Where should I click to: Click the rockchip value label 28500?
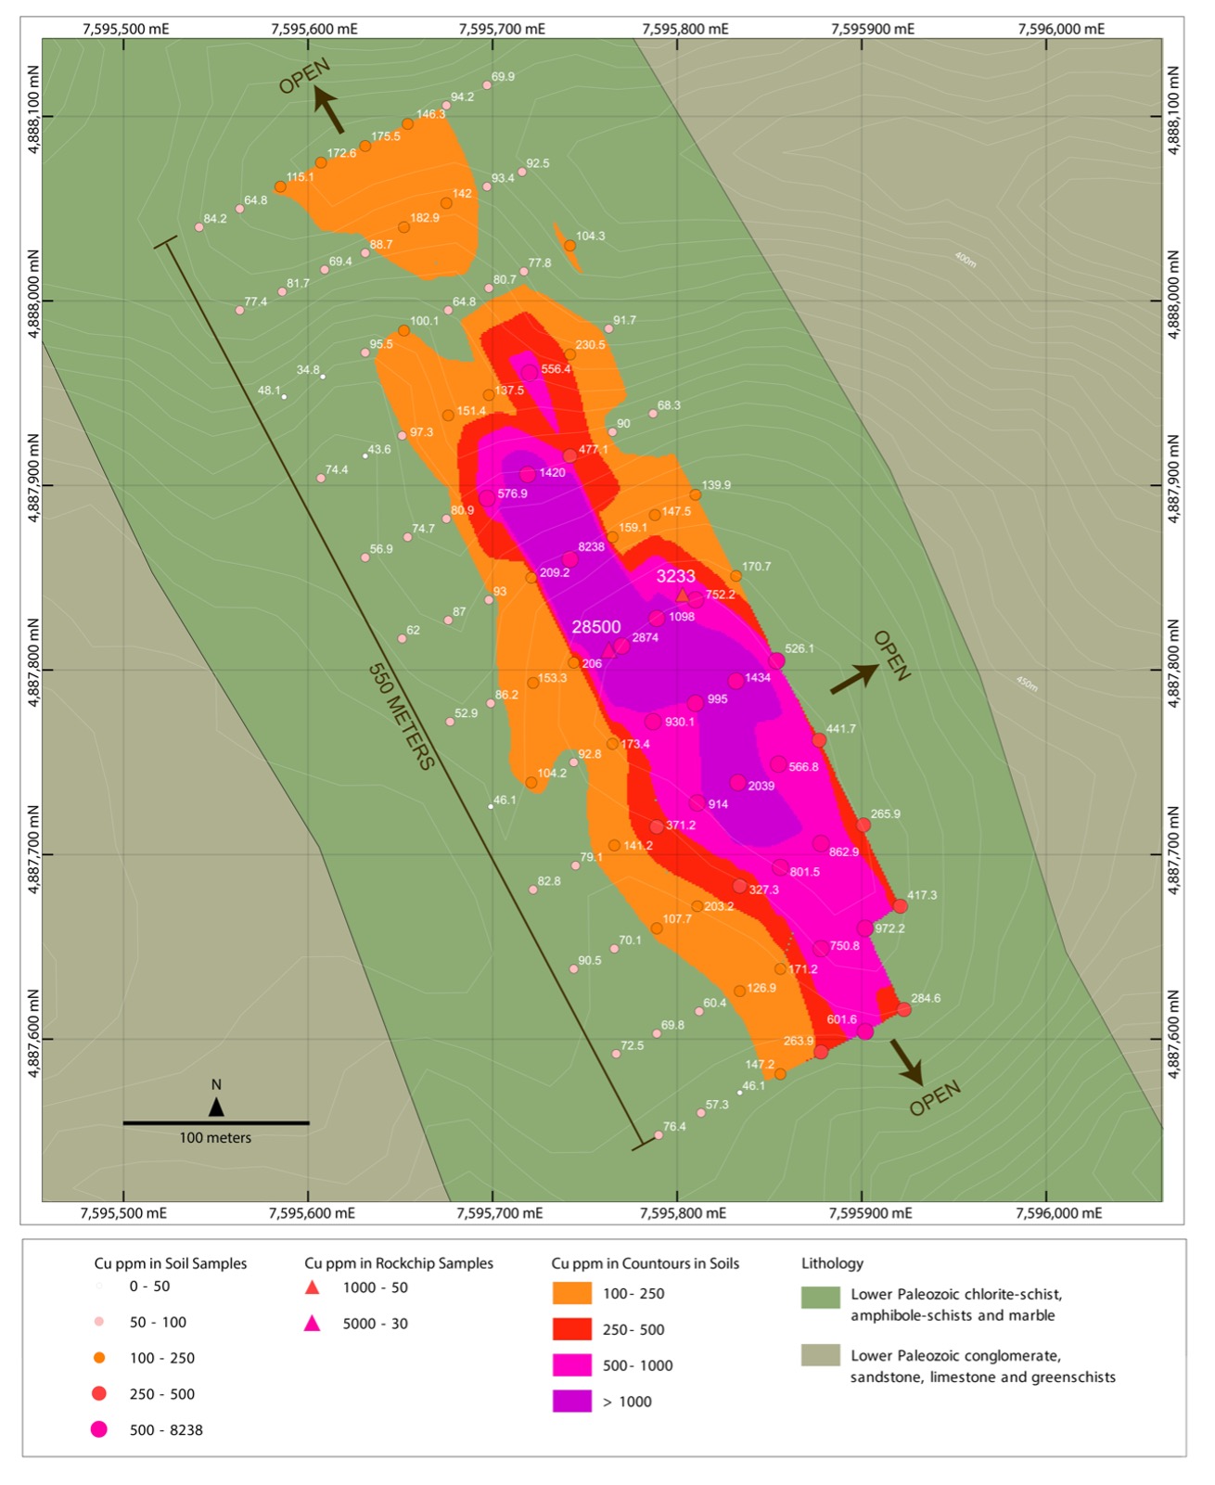pos(595,627)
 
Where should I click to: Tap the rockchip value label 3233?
pos(675,576)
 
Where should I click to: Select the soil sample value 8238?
pos(591,547)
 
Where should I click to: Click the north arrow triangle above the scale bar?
pos(216,1107)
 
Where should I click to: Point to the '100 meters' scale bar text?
pos(215,1138)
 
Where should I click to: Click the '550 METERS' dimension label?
pos(401,716)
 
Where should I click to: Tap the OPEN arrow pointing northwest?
pos(328,109)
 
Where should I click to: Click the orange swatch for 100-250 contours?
pos(571,1294)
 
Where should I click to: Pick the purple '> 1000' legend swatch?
pos(571,1402)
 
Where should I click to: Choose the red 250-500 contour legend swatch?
pos(571,1329)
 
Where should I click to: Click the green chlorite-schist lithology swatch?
pos(820,1296)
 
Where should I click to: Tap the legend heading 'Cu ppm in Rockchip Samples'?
pos(399,1263)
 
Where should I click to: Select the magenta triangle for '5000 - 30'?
pos(313,1324)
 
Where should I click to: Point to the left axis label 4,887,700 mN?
pos(34,853)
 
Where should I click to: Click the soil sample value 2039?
pos(761,787)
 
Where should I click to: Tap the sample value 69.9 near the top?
pos(503,77)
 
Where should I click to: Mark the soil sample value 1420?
pos(552,473)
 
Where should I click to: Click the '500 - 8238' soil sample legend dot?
pos(99,1429)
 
